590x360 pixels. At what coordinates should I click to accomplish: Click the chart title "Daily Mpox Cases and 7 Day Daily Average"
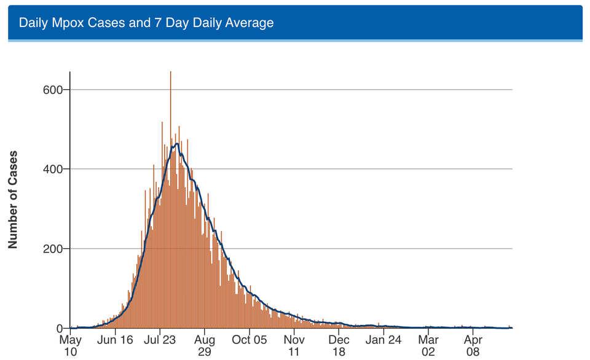pyautogui.click(x=146, y=23)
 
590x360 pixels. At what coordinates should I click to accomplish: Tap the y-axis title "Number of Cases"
pyautogui.click(x=12, y=199)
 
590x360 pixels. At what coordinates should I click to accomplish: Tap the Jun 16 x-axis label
pyautogui.click(x=115, y=339)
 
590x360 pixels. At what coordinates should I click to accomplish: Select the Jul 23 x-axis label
pyautogui.click(x=160, y=339)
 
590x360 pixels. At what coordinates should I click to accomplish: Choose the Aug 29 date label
pyautogui.click(x=205, y=345)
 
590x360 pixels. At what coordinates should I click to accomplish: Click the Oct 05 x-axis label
pyautogui.click(x=250, y=339)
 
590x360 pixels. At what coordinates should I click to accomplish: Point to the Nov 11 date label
pyautogui.click(x=294, y=345)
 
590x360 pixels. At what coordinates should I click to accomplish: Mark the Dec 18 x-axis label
pyautogui.click(x=339, y=345)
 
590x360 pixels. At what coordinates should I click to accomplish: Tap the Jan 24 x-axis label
pyautogui.click(x=384, y=339)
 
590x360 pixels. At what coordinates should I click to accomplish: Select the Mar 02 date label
pyautogui.click(x=428, y=345)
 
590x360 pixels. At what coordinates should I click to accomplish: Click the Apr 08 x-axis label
pyautogui.click(x=473, y=345)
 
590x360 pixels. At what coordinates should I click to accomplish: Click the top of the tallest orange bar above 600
pyautogui.click(x=170, y=72)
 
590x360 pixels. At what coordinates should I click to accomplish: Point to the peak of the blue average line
pyautogui.click(x=176, y=144)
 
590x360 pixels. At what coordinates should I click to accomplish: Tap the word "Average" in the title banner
pyautogui.click(x=250, y=23)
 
